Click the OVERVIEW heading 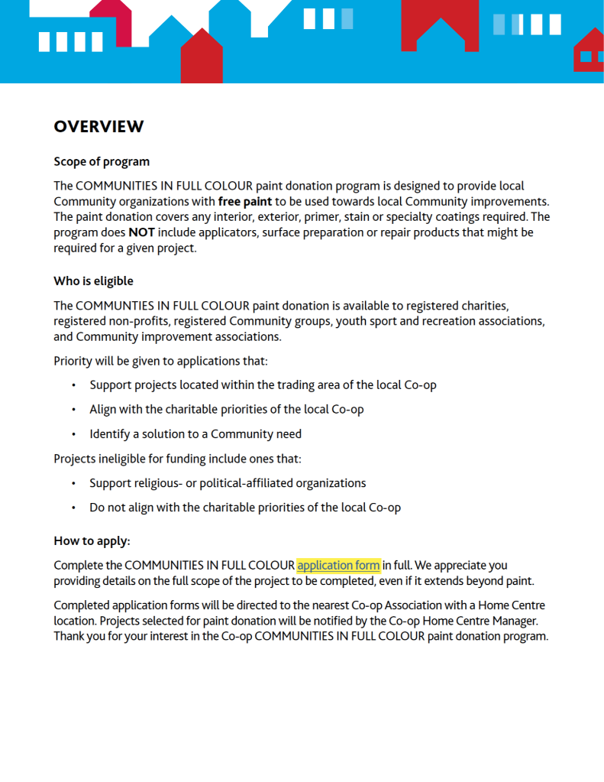tap(99, 127)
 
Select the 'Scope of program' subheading tap(102, 162)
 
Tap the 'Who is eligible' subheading tap(93, 281)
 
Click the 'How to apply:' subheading tap(92, 541)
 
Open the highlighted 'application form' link tap(338, 566)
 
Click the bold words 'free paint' tap(245, 202)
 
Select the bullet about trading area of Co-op tap(263, 385)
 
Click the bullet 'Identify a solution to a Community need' tap(195, 434)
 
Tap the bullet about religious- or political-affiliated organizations tap(228, 483)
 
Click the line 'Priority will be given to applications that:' tap(160, 361)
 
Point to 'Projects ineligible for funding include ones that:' tap(177, 459)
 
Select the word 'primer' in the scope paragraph tap(326, 217)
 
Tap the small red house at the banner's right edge tap(589, 53)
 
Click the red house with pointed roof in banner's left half tap(202, 58)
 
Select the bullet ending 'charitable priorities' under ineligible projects tap(245, 508)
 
